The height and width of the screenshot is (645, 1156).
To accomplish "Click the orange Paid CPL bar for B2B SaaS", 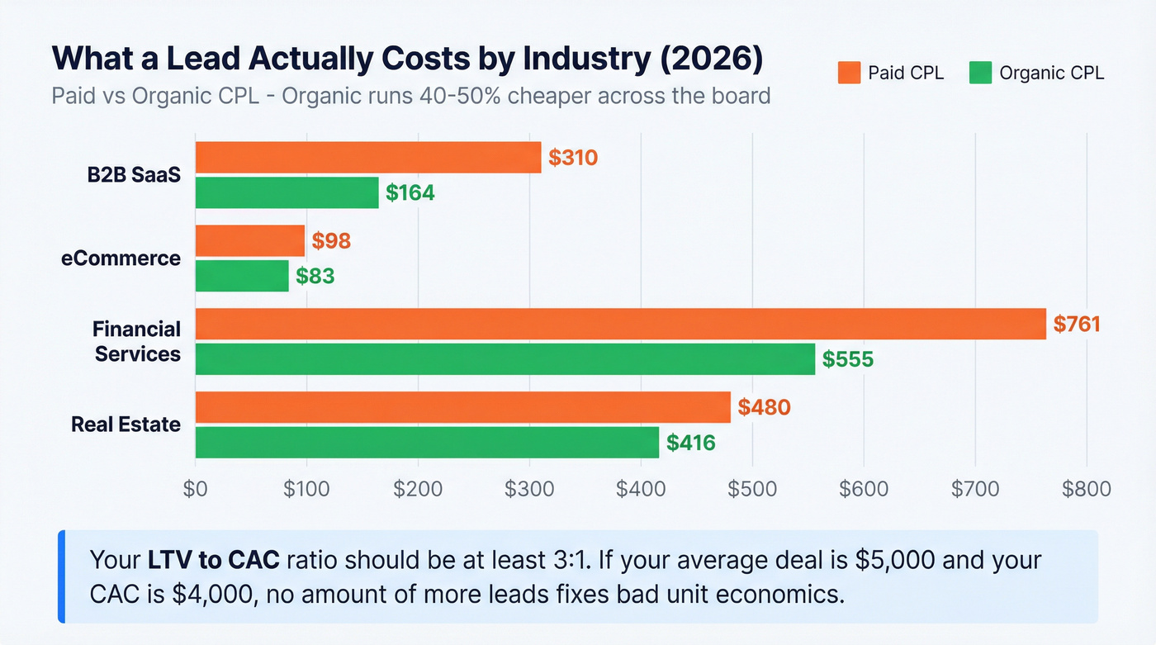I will pos(368,157).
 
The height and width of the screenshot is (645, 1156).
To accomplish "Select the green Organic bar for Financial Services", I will pos(505,359).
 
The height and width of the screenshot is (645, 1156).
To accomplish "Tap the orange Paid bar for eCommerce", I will pos(249,240).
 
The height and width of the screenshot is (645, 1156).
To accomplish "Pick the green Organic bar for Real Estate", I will pos(427,443).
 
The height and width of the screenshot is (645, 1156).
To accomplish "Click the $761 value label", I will pos(1077,324).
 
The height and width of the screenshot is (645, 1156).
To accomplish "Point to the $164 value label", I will pos(410,193).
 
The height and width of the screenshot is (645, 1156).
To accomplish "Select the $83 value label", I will pos(315,276).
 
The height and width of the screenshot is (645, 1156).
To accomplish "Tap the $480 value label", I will pos(764,407).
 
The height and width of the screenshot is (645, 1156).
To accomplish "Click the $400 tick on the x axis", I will pos(641,488).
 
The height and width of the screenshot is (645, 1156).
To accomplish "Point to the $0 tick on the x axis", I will pos(196,488).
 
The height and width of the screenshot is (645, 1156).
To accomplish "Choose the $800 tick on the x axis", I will pos(1087,488).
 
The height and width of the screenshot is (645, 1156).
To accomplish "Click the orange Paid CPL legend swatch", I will pos(849,73).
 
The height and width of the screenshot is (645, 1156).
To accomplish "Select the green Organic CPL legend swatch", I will pos(980,73).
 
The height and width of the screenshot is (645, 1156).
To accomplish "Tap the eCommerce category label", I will pos(121,258).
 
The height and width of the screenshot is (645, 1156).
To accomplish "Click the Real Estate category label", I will pos(126,424).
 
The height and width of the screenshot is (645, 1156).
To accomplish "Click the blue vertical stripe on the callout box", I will pos(61,576).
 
